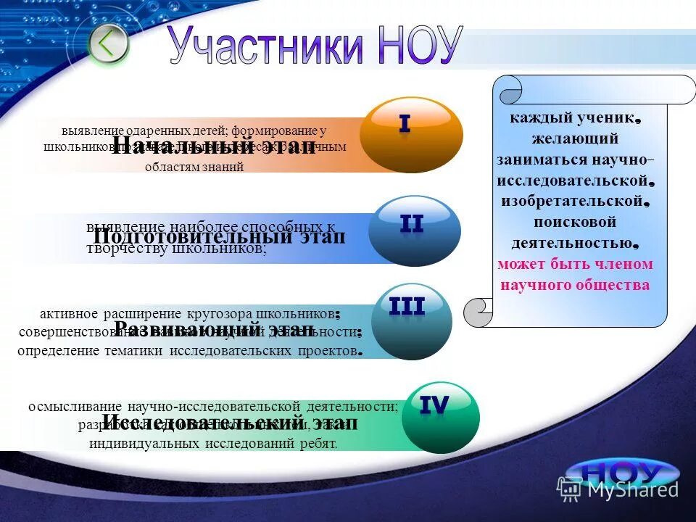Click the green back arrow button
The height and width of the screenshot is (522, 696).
(x=108, y=43)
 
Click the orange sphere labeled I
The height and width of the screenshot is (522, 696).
(x=410, y=135)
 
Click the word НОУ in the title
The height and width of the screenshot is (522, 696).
(x=419, y=46)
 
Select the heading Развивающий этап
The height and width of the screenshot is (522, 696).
(x=215, y=330)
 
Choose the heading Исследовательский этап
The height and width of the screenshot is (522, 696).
(x=230, y=422)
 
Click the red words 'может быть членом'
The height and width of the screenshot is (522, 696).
(x=575, y=264)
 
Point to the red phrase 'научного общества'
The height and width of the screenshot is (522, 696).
(x=575, y=285)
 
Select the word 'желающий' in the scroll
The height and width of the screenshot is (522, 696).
(x=575, y=138)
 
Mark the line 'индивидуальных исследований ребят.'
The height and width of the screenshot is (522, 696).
(x=213, y=443)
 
